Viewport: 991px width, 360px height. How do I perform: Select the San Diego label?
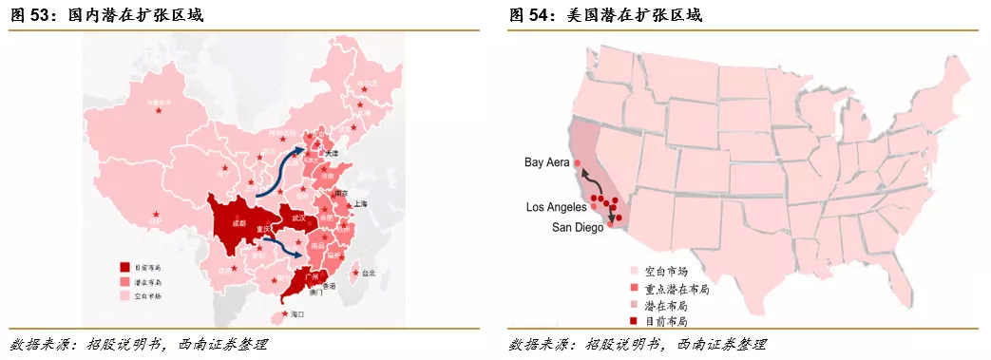[577, 228]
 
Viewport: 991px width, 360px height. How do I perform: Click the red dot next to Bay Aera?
[578, 163]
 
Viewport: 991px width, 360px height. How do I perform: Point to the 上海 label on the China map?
[360, 204]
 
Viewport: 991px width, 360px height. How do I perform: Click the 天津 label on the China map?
[331, 153]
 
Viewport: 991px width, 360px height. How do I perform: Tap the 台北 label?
[370, 273]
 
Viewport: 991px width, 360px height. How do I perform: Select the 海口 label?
[295, 314]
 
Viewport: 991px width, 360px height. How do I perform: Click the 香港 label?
[331, 286]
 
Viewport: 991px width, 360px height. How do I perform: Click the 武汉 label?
[299, 218]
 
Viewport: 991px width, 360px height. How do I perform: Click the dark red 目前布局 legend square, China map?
[124, 267]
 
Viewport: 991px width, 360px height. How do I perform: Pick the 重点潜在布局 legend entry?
[676, 288]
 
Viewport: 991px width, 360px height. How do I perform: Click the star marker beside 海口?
[283, 314]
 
